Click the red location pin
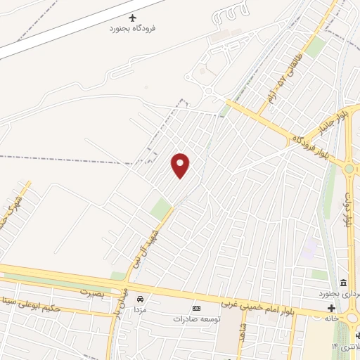point(181,165)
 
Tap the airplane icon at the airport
point(134,17)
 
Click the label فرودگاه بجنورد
point(134,29)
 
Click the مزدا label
point(140,310)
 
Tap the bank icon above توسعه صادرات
point(196,308)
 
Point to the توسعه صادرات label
point(198,319)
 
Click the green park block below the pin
point(161,208)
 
